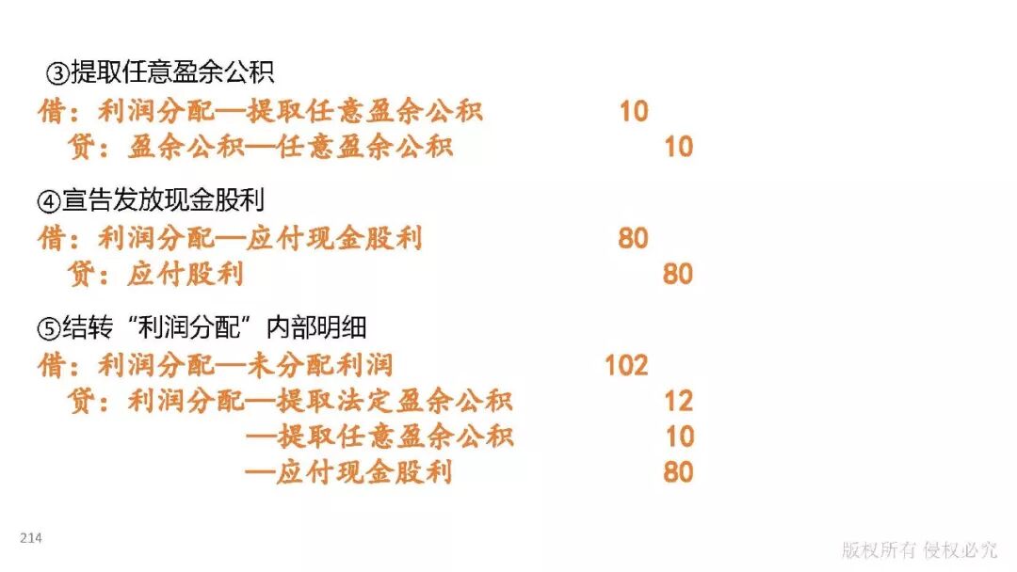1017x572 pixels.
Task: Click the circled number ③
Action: click(58, 72)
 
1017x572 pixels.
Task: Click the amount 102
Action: click(625, 365)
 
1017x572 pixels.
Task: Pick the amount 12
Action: click(678, 402)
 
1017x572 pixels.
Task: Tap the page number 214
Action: click(31, 538)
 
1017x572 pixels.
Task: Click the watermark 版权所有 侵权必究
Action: click(919, 550)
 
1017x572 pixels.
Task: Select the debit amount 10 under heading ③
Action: click(633, 111)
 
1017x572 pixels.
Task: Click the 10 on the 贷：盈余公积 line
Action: click(678, 147)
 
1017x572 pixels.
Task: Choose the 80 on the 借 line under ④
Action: click(633, 238)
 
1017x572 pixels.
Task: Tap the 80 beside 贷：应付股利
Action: click(678, 275)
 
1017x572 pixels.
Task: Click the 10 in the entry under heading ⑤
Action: click(678, 437)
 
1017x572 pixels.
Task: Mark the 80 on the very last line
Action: click(678, 471)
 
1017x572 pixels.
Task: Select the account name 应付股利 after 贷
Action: click(185, 275)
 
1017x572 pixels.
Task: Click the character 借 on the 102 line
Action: click(51, 365)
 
